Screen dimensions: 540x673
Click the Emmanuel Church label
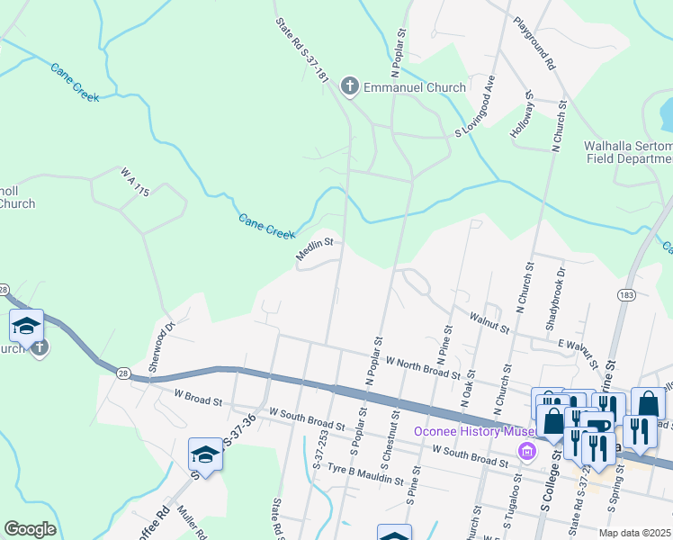click(414, 87)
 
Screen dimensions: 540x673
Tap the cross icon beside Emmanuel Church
click(350, 87)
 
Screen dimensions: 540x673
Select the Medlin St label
click(316, 249)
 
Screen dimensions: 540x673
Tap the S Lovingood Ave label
click(477, 107)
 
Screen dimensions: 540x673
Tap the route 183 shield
click(624, 295)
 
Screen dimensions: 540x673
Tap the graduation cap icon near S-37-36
click(206, 454)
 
